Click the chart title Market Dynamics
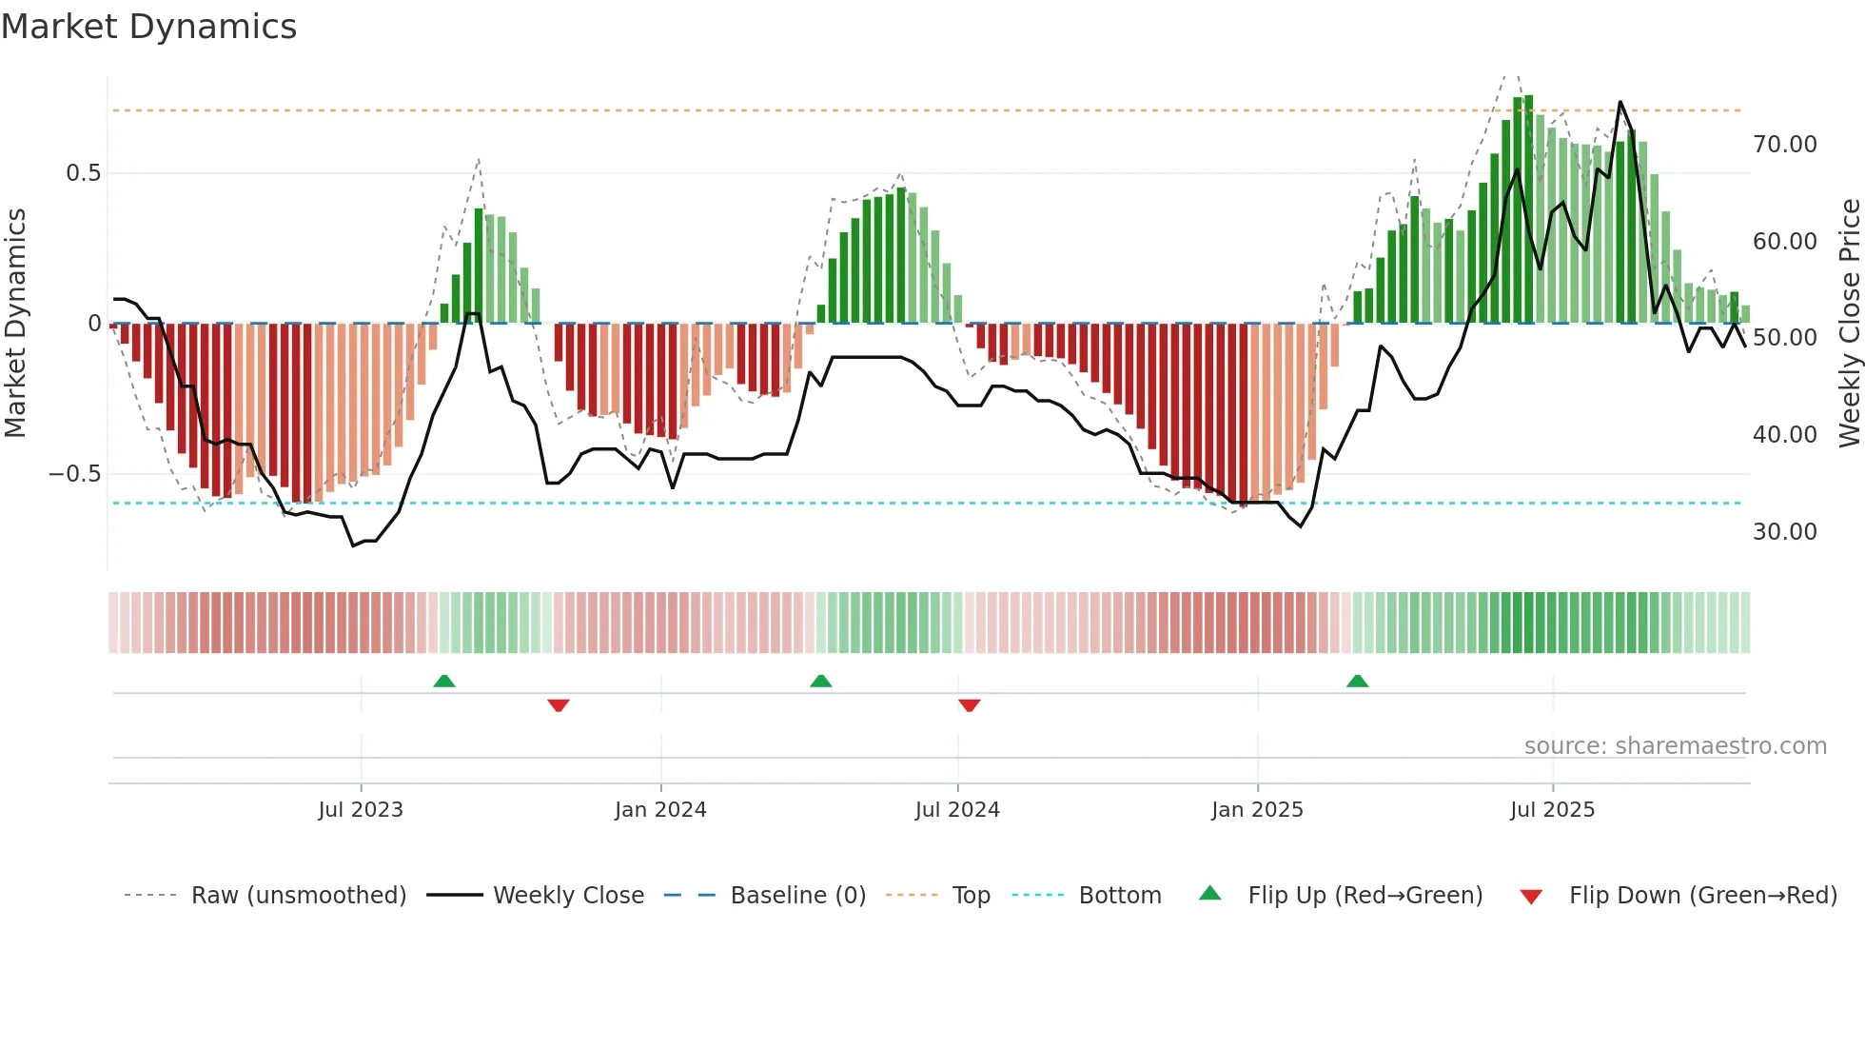point(149,27)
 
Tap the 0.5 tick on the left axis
point(83,173)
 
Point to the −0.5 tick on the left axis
point(74,474)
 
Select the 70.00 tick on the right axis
point(1784,145)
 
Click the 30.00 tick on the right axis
point(1784,532)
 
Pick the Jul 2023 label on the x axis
point(361,810)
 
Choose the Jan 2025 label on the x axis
point(1257,810)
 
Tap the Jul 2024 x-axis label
point(957,810)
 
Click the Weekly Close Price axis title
point(1849,324)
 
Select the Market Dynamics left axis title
point(15,324)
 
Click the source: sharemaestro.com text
point(1675,746)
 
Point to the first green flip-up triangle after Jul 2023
point(444,681)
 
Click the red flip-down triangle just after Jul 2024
point(969,705)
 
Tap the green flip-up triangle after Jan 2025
point(1358,681)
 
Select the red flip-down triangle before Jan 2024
point(559,705)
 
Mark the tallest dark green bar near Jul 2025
point(1529,209)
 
